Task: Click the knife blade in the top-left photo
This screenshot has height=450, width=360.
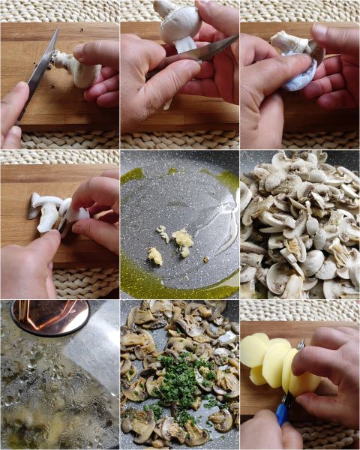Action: coord(39,71)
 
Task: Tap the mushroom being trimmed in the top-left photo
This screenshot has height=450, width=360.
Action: coord(81,71)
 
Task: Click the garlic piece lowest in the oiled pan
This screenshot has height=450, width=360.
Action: coord(155,256)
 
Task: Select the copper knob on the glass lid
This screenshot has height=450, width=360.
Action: coord(49,316)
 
